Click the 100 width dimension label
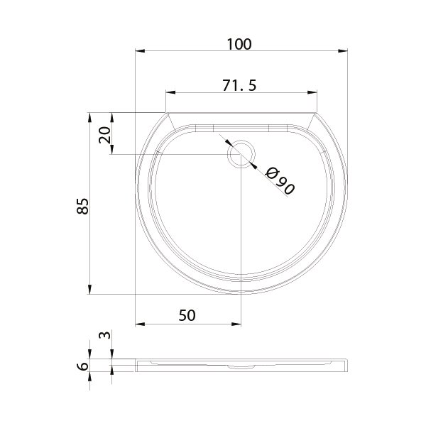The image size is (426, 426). click(x=239, y=44)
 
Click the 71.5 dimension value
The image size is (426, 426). click(x=239, y=85)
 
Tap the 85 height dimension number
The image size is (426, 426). click(x=82, y=206)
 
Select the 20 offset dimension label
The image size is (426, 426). click(x=105, y=135)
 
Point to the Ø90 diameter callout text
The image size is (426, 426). click(x=280, y=181)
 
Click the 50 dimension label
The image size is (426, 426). click(x=187, y=315)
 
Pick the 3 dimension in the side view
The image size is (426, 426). click(x=105, y=335)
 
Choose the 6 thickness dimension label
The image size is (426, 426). click(x=83, y=366)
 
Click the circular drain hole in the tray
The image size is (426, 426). click(x=241, y=154)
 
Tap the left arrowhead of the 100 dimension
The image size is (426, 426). click(x=140, y=51)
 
